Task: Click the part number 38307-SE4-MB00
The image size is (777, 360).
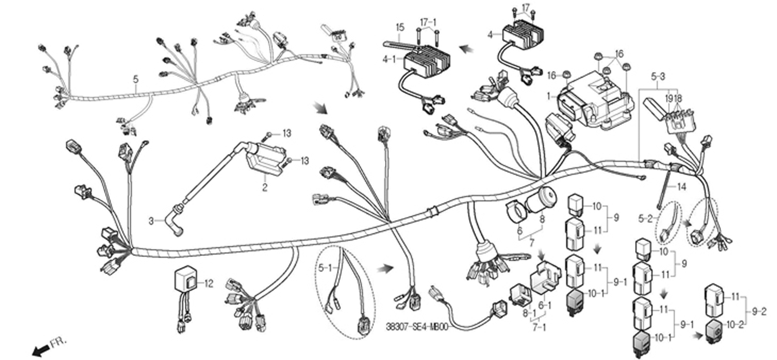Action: point(417,327)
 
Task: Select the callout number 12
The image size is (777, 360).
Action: point(209,283)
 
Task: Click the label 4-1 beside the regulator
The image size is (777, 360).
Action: point(389,60)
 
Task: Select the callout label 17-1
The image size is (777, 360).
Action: point(428,22)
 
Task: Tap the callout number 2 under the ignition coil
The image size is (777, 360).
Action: point(264,187)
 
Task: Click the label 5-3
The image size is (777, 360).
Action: point(658,77)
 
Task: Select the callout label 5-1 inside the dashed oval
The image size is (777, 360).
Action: point(325,267)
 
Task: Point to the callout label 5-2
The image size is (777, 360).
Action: point(645,219)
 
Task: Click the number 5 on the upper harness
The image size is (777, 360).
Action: point(136,80)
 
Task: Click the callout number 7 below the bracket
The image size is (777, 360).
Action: point(532,242)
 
